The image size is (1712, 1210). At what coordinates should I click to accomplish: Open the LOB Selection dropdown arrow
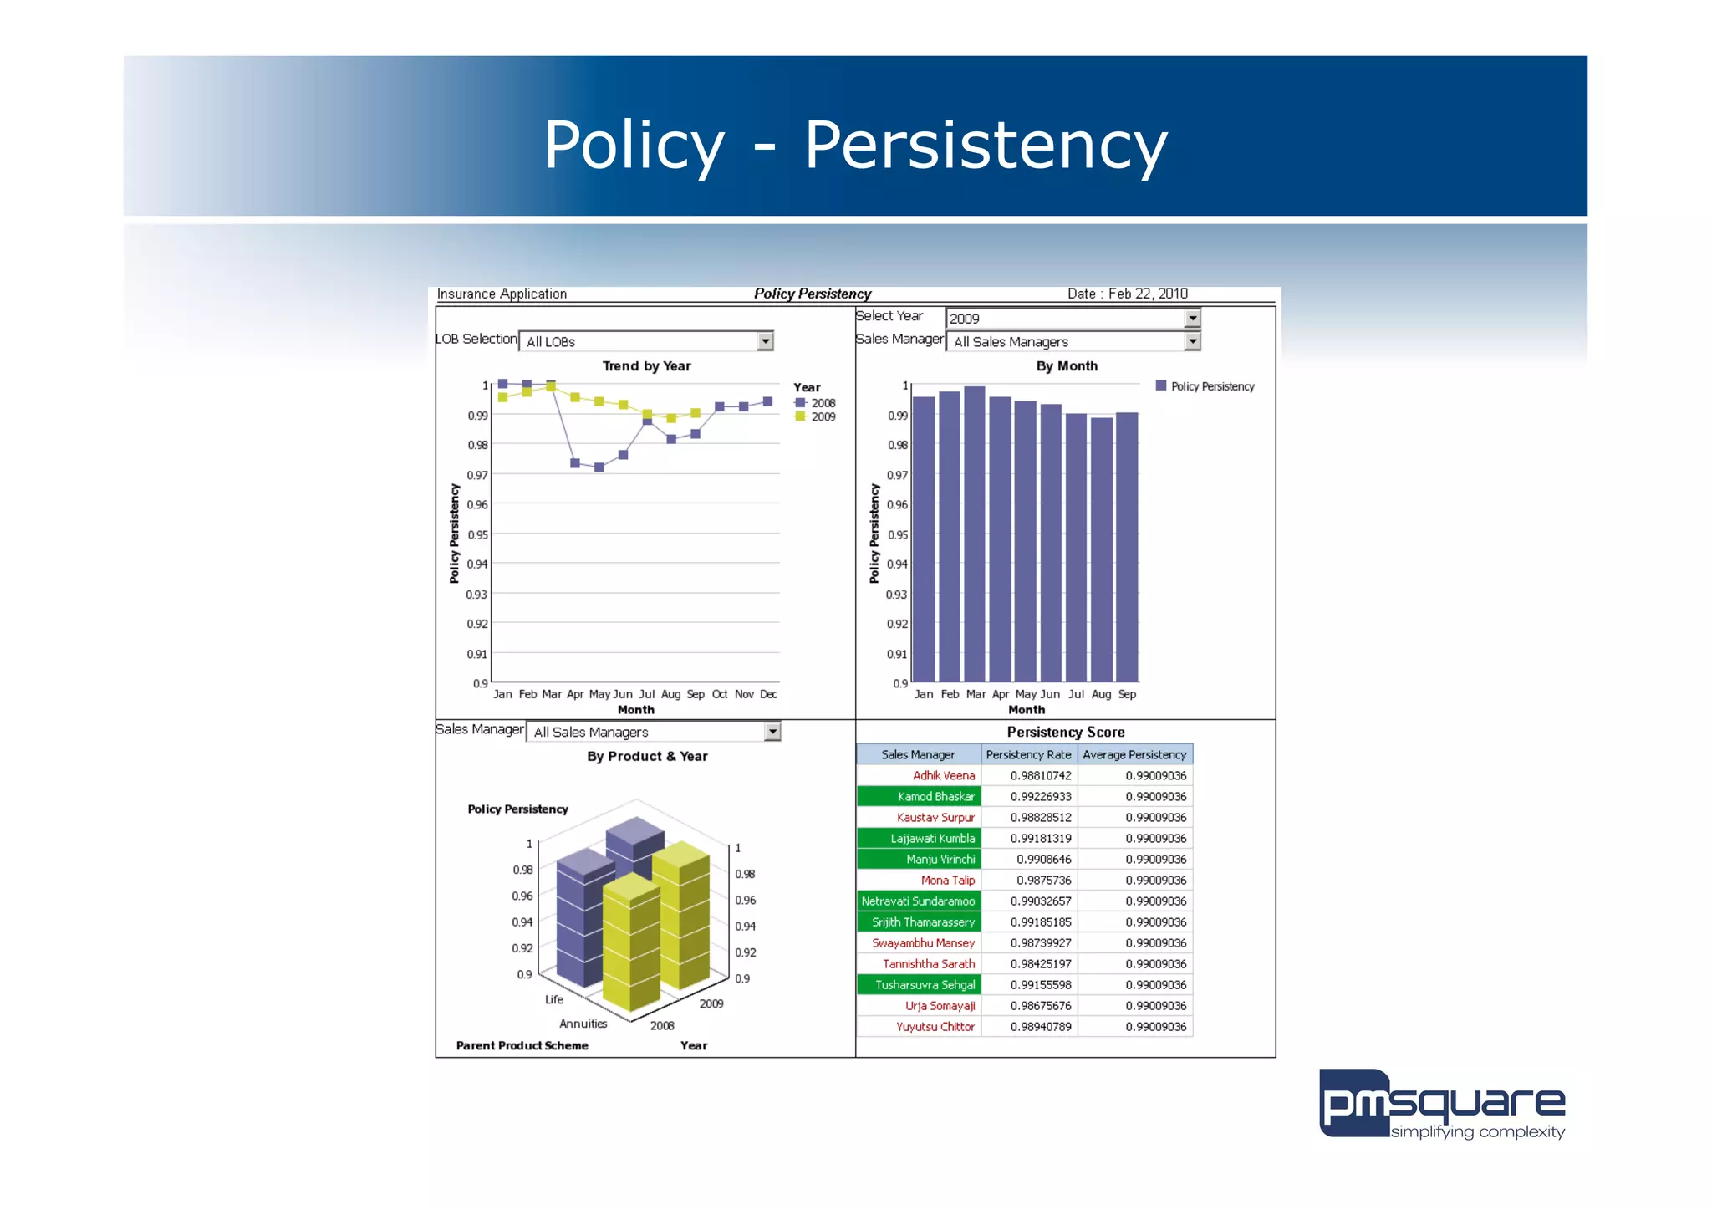coord(765,341)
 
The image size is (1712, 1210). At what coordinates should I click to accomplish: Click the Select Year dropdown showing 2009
coord(1073,319)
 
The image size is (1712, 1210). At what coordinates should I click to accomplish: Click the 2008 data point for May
coord(599,467)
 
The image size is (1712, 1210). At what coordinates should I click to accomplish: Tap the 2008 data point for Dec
coord(767,401)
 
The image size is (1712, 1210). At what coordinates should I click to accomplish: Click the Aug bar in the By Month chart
coord(1102,549)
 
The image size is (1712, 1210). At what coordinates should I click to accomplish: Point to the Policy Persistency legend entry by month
coord(1205,386)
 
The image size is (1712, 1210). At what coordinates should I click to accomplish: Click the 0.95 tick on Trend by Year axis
coord(477,534)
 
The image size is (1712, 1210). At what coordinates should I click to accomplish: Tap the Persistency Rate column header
coord(1028,754)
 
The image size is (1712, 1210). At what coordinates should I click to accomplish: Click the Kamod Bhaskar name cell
coord(919,797)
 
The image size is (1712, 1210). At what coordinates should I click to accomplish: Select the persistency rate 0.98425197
coord(1040,964)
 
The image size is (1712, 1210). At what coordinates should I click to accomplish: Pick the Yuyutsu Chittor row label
coord(935,1027)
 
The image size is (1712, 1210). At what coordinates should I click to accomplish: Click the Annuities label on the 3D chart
coord(583,1024)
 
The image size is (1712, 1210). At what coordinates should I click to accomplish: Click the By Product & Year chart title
coord(647,756)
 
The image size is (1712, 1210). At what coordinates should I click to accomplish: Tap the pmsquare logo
coord(1441,1105)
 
